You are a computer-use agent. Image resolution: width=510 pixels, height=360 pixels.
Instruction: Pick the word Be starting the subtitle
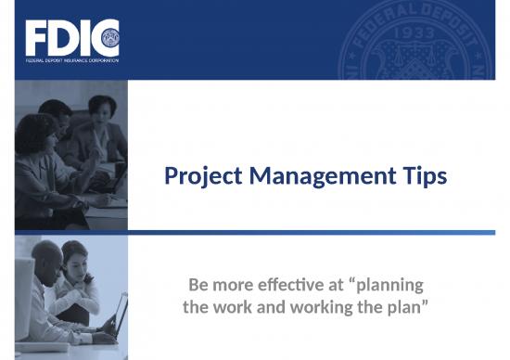(x=198, y=283)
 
